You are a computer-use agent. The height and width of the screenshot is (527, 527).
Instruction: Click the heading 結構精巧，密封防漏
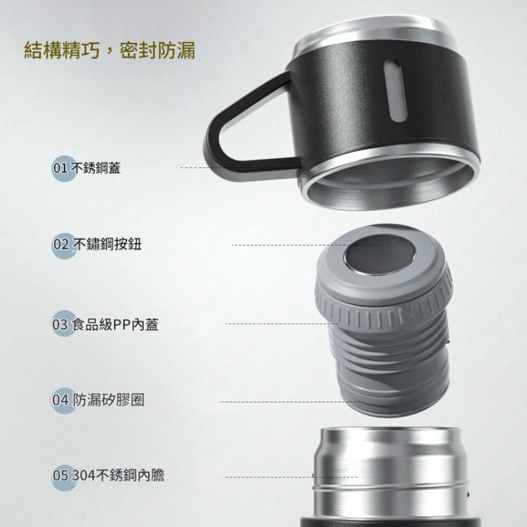click(x=110, y=51)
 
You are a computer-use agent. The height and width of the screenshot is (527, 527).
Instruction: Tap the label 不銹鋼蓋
click(x=96, y=168)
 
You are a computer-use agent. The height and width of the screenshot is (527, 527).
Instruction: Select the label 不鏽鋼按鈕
click(x=107, y=245)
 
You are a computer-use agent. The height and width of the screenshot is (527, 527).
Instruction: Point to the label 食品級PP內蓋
click(x=115, y=325)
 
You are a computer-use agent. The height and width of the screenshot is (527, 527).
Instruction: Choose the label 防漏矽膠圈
click(x=108, y=400)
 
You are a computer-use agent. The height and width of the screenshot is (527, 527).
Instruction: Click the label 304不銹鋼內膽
click(x=118, y=475)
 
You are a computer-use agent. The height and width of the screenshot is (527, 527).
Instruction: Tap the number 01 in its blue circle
click(x=60, y=168)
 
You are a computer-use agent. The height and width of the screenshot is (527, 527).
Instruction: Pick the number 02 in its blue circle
click(x=61, y=245)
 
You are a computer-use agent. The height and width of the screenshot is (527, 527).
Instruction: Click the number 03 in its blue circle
click(x=60, y=325)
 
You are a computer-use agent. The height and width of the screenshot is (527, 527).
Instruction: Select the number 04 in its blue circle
click(x=60, y=400)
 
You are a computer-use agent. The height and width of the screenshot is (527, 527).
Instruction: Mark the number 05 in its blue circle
click(x=60, y=475)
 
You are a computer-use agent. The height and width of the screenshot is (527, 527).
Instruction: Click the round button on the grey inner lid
click(x=380, y=255)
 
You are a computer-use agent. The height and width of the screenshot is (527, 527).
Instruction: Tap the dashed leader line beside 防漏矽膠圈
click(x=292, y=402)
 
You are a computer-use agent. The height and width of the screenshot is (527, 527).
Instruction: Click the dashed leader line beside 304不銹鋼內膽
click(x=292, y=477)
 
